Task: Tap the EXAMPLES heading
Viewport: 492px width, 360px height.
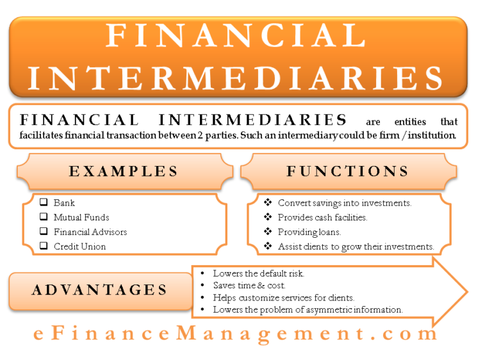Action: (124, 171)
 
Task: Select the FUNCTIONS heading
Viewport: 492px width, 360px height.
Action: (348, 171)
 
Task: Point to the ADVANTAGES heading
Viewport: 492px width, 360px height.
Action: (100, 290)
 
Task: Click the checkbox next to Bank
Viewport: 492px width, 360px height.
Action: (44, 202)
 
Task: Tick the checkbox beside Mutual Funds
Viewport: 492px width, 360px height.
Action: (44, 217)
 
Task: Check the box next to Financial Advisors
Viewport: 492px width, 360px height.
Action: (44, 232)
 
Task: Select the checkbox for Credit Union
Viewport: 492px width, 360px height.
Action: (44, 246)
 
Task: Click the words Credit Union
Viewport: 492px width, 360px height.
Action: (80, 247)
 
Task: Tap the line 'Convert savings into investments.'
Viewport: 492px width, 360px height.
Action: (345, 203)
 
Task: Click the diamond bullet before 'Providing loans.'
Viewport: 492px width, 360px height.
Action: (268, 232)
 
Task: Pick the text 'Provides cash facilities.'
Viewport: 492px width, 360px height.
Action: (322, 218)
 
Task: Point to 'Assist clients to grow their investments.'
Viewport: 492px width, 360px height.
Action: (356, 247)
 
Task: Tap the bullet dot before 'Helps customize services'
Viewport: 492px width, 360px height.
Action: (202, 298)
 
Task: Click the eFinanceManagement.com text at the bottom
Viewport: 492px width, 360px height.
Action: (236, 334)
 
